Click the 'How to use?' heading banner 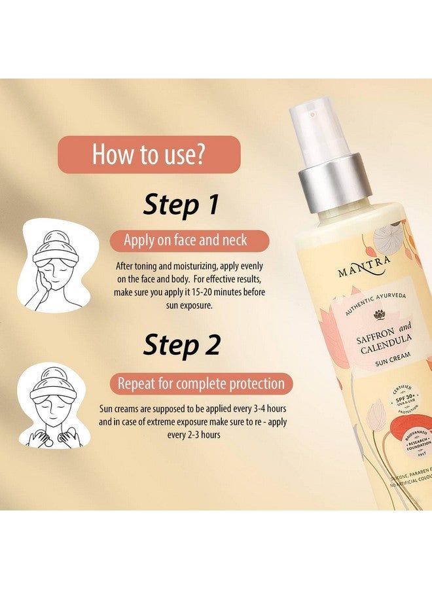150,154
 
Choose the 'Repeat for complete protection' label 201,384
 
